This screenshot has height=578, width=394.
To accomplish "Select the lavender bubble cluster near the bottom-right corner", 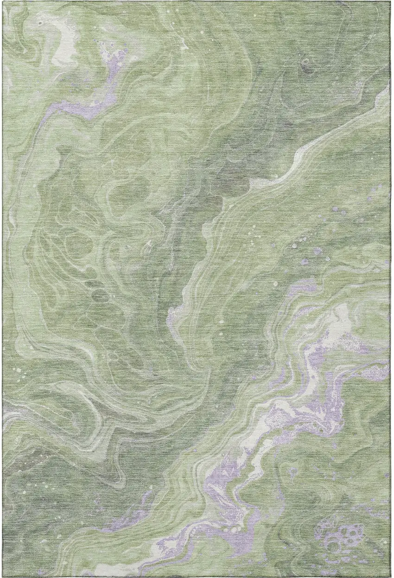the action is click(343, 538).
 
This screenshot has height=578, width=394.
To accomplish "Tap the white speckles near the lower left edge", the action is click(19, 371).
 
